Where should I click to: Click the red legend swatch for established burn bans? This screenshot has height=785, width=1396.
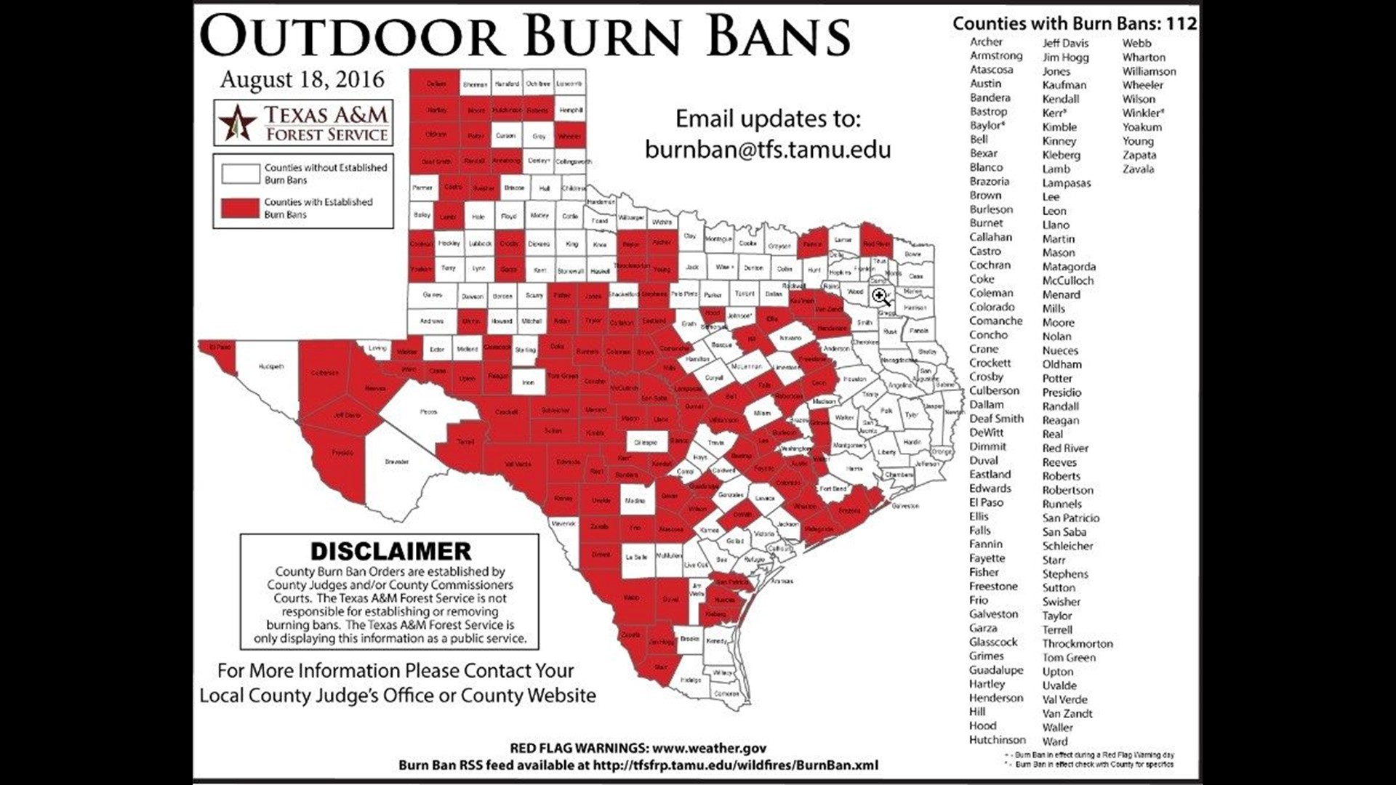pos(241,208)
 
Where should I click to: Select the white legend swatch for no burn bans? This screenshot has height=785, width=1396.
pos(241,174)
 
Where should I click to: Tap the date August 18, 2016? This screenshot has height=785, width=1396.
pos(302,79)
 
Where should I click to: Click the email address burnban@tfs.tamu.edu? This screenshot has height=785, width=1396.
pos(768,149)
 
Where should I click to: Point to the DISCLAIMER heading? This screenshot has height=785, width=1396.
pos(390,551)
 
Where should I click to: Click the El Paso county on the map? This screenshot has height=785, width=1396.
pos(219,347)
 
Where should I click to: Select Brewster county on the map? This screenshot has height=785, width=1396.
pos(396,462)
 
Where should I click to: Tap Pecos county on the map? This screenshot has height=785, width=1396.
pos(428,412)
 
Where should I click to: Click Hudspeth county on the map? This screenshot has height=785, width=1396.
pos(270,367)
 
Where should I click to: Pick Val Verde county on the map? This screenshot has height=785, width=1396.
pos(518,464)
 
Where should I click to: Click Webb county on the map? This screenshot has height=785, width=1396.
pos(631,597)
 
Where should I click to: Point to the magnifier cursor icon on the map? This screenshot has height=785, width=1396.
pos(881,297)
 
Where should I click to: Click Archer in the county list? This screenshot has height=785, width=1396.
pos(986,42)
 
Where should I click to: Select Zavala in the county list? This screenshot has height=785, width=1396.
pos(1138,169)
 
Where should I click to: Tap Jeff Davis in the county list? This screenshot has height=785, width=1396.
pos(1065,44)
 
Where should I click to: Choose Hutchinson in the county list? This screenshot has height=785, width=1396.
pos(997,740)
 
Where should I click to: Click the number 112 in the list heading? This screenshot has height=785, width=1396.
pos(1181,23)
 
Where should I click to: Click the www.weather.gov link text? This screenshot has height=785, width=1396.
pos(709,748)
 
